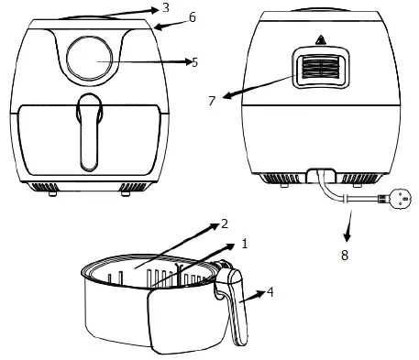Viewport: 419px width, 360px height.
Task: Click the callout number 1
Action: click(244, 245)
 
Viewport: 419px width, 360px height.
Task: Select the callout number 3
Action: click(165, 8)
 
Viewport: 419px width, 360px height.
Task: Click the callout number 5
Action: click(194, 62)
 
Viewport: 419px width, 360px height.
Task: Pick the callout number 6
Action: click(192, 17)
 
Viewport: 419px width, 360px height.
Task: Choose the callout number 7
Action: click(212, 100)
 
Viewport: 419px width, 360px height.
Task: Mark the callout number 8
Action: click(345, 256)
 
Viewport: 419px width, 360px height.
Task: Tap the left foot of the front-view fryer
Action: click(51, 191)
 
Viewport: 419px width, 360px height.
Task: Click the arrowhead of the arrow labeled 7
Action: click(224, 95)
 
